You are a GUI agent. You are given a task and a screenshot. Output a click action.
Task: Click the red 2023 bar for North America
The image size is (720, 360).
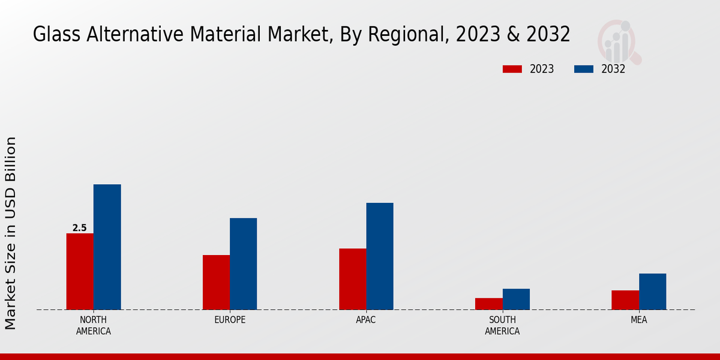80,271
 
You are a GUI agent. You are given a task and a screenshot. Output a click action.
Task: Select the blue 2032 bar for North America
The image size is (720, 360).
107,247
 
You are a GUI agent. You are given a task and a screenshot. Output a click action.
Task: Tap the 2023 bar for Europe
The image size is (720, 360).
216,282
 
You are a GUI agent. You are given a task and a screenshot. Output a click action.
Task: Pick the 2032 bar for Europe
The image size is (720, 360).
243,263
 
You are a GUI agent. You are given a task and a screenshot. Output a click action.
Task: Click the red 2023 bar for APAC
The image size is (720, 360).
352,279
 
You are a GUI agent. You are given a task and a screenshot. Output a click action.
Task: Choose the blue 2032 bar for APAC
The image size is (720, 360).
380,256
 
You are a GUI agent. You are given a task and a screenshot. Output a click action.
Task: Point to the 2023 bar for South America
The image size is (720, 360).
489,304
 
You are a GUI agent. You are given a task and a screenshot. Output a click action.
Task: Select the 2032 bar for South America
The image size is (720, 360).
516,299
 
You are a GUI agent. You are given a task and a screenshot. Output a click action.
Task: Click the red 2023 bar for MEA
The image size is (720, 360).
625,300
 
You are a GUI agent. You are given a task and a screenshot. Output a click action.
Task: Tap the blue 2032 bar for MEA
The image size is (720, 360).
652,292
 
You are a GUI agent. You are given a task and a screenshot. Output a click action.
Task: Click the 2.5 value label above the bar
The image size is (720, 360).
80,228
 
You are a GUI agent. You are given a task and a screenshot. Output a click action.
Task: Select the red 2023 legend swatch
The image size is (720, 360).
512,69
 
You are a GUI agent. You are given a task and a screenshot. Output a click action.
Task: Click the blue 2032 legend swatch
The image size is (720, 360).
584,69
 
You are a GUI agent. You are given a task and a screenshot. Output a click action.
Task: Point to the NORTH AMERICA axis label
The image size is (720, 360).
94,325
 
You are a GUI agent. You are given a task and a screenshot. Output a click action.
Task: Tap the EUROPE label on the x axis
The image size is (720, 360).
230,320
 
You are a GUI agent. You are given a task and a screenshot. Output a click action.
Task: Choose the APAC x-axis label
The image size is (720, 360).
366,320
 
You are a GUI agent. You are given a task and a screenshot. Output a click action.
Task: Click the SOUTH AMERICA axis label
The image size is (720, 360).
502,325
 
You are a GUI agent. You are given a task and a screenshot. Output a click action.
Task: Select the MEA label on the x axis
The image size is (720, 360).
638,320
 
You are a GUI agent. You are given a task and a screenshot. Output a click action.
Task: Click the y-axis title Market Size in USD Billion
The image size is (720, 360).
11,233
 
